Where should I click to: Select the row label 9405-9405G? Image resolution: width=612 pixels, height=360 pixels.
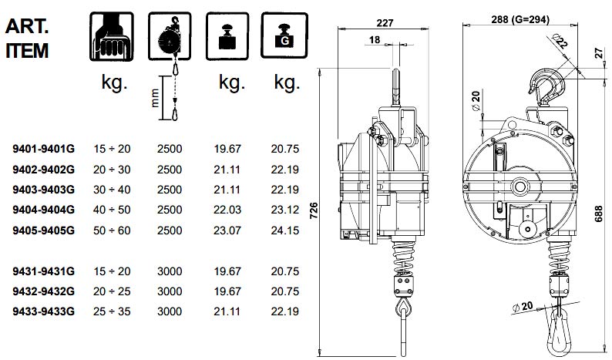point(44,230)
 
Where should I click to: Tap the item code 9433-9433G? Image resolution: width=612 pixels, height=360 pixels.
point(44,311)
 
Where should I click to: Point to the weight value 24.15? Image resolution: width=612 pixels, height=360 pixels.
point(284,230)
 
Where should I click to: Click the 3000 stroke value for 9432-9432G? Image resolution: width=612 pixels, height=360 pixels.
point(170,291)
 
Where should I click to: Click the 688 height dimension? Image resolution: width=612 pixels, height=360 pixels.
point(600,217)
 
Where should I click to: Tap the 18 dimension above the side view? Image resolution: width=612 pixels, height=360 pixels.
point(374,39)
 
